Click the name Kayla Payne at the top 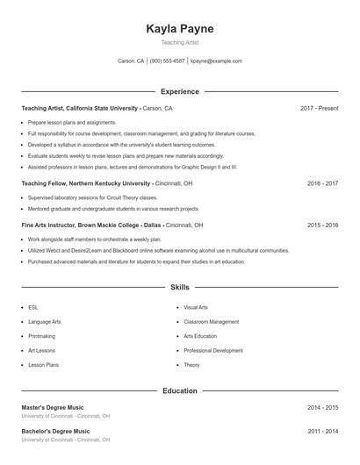(x=179, y=28)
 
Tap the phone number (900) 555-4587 (x=167, y=61)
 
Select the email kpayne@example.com (x=216, y=61)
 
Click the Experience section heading (x=179, y=91)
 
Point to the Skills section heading (x=179, y=287)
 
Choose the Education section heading (x=179, y=390)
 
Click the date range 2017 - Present (x=319, y=108)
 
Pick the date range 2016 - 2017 (x=322, y=183)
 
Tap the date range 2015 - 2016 (x=322, y=225)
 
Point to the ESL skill (x=33, y=308)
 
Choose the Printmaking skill (x=41, y=336)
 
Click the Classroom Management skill (x=211, y=322)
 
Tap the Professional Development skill (x=214, y=350)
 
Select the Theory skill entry (x=191, y=364)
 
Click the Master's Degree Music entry (x=53, y=408)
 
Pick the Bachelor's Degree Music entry (x=55, y=432)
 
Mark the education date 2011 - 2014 (x=322, y=432)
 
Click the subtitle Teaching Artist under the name (x=179, y=42)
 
